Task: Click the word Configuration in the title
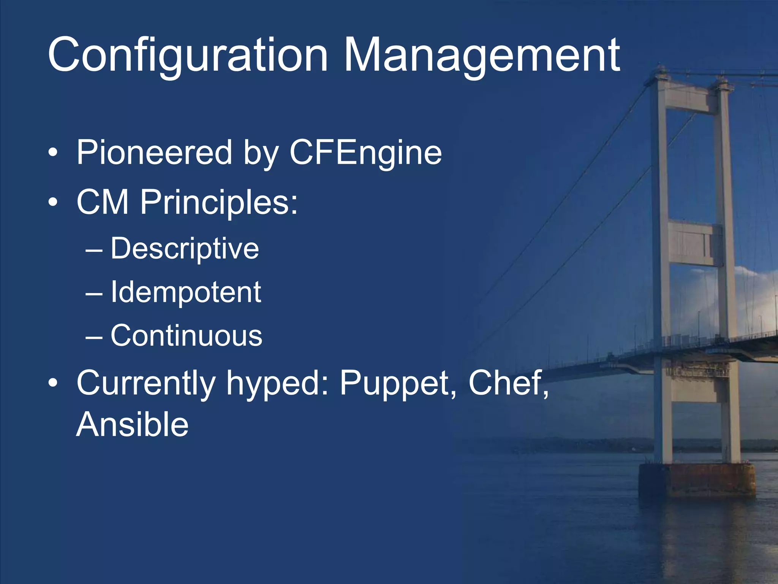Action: coord(188,55)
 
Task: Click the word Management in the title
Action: coord(481,55)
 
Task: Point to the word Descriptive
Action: coord(185,249)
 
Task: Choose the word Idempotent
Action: coord(185,292)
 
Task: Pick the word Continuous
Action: coord(186,336)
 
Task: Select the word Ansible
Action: coord(132,424)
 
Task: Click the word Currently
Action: coord(146,383)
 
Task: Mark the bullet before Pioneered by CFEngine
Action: coord(53,153)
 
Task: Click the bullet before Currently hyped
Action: coord(53,382)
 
